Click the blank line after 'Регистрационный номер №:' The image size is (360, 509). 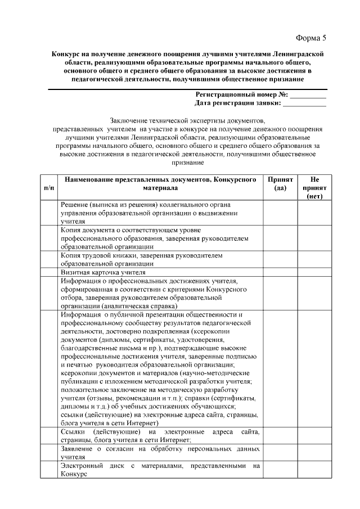tap(308, 94)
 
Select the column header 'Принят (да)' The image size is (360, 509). tap(280, 183)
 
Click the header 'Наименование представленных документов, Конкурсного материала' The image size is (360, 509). tap(160, 183)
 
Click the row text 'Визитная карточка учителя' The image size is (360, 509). tap(99, 272)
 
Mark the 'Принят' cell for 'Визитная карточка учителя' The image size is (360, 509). tap(280, 272)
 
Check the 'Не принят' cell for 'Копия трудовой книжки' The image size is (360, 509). tap(314, 259)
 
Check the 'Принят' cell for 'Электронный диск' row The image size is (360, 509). tap(280, 470)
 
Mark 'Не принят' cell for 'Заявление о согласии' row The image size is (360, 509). tap(314, 453)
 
